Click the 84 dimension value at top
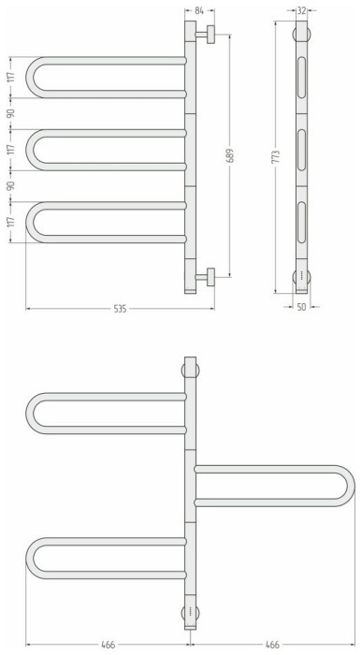click(199, 11)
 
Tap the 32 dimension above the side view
click(301, 11)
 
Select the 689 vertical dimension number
click(233, 155)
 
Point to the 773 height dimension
click(276, 157)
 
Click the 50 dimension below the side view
click(301, 307)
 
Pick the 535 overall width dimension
click(120, 309)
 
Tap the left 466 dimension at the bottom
click(108, 645)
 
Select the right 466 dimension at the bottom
click(272, 645)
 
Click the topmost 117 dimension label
click(11, 78)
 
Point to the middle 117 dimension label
click(11, 150)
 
